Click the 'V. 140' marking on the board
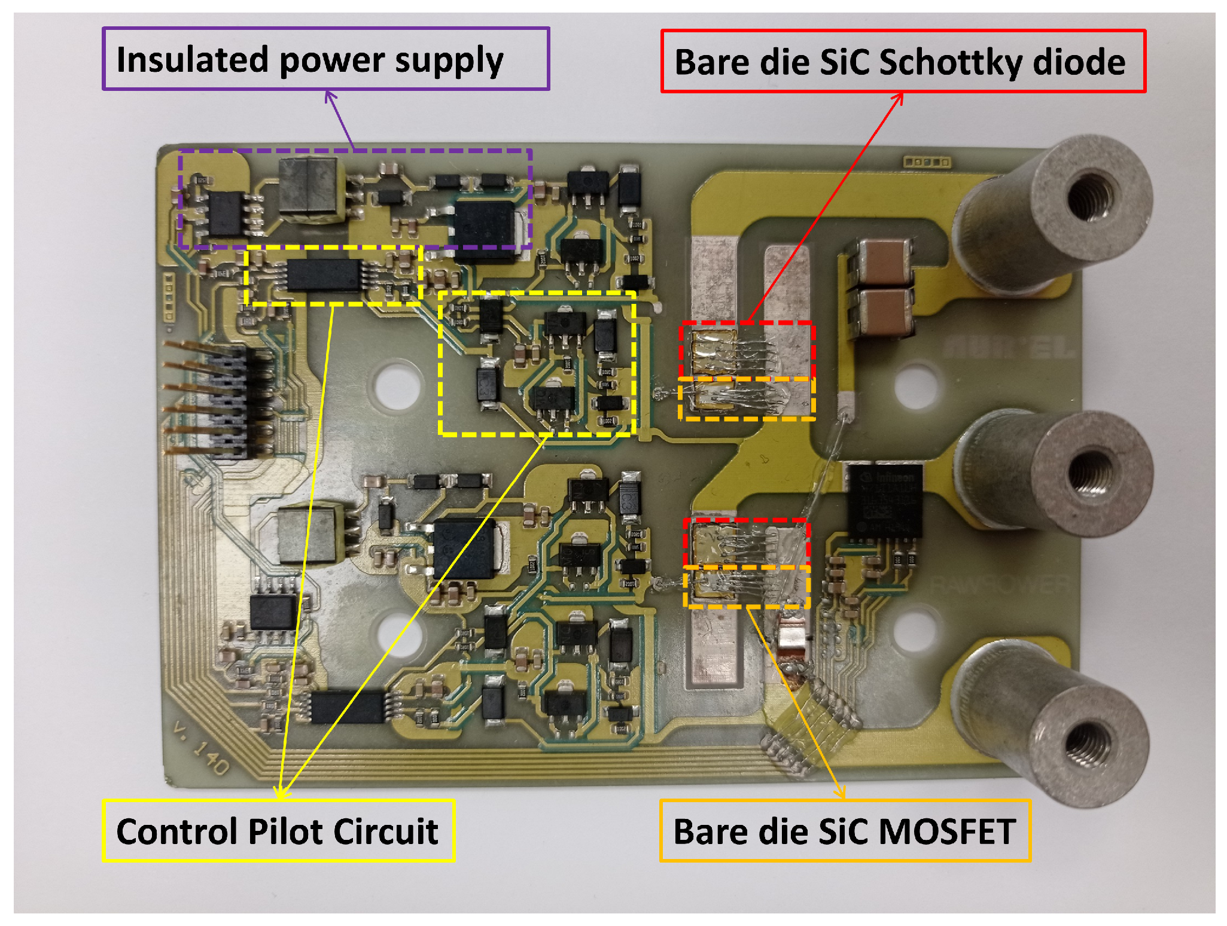point(201,748)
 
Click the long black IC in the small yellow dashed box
point(324,276)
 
